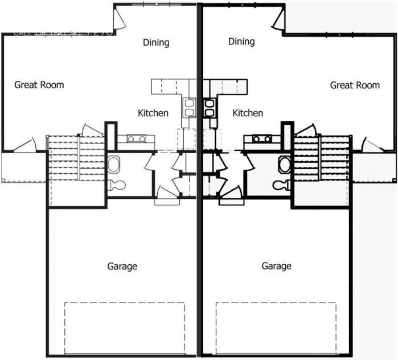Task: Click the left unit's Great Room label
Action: [x=39, y=85]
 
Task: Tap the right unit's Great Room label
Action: [x=355, y=85]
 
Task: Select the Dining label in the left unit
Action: [x=155, y=42]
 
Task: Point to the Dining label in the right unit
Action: [x=241, y=42]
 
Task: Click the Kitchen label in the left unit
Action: [x=153, y=113]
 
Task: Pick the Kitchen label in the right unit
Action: [x=248, y=113]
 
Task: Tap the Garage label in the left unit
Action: [x=122, y=266]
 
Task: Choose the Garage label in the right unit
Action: [x=277, y=266]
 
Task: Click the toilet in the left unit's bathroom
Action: [x=117, y=185]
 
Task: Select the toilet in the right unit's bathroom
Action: [x=281, y=185]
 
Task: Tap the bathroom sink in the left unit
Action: [x=114, y=165]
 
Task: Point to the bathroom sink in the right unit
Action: [x=284, y=165]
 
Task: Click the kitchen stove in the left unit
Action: [x=136, y=138]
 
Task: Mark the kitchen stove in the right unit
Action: [x=262, y=138]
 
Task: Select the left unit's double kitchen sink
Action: [x=189, y=108]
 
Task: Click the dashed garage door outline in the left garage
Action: [x=125, y=329]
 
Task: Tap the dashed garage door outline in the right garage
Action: [x=276, y=329]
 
